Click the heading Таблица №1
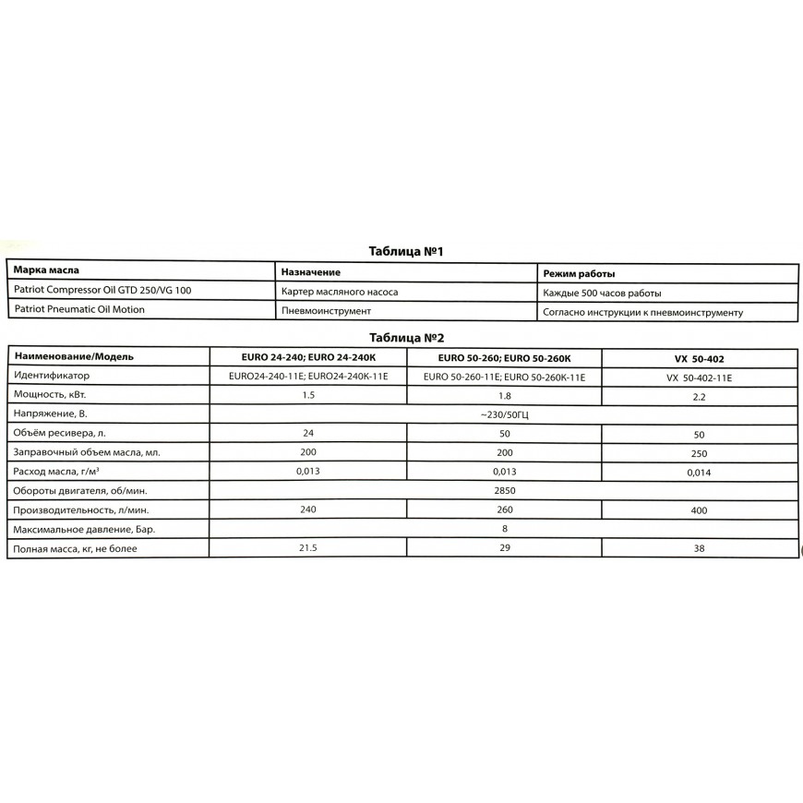tap(407, 250)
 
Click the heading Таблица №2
tap(407, 338)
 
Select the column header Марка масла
tap(47, 272)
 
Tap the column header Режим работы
tap(580, 274)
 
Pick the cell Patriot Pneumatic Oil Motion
tap(79, 310)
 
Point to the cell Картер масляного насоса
tap(340, 292)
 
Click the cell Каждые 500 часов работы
tap(602, 294)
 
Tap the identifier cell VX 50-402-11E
tap(699, 378)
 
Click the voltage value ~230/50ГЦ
tap(504, 414)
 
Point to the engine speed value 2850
tap(504, 489)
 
